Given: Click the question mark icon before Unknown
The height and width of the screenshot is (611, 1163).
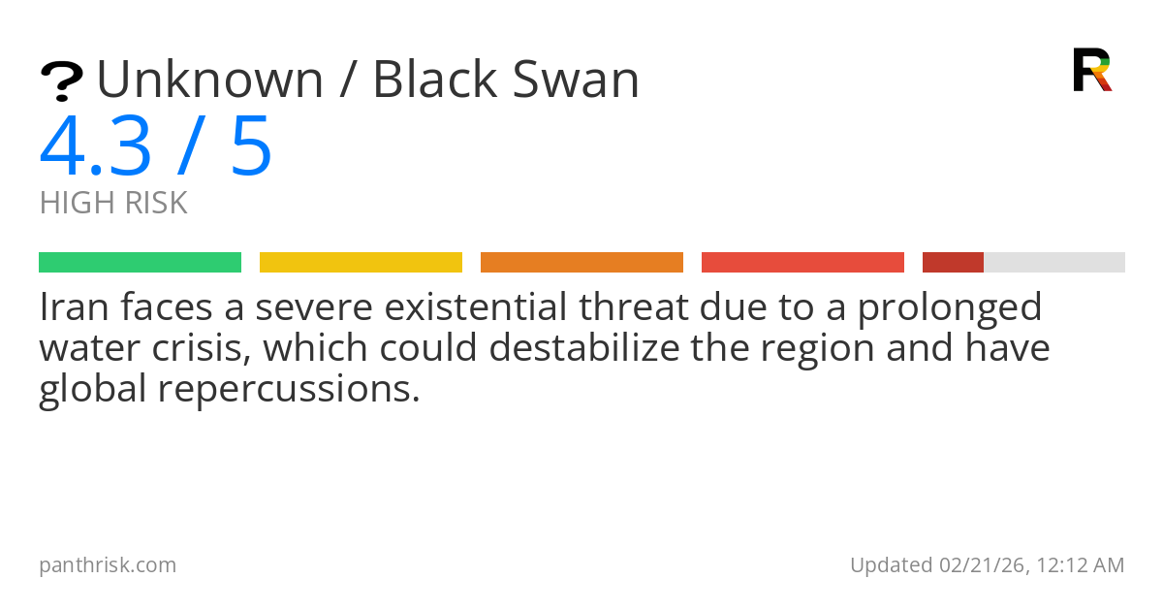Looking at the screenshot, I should click(x=61, y=81).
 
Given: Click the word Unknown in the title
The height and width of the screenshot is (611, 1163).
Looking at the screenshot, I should click(x=209, y=80).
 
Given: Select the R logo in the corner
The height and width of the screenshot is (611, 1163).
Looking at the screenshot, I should click(x=1091, y=70).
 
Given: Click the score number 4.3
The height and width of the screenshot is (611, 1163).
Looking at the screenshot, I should click(x=96, y=147).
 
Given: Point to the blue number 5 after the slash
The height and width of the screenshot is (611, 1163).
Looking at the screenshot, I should click(x=251, y=147).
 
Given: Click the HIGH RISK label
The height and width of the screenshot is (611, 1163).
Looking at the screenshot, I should click(x=113, y=204).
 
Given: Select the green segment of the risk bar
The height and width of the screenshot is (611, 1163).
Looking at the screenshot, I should click(x=140, y=263).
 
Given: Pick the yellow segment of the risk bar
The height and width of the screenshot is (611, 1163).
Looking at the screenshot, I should click(x=361, y=263).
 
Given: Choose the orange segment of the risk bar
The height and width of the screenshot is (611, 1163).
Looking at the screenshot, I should click(x=581, y=263).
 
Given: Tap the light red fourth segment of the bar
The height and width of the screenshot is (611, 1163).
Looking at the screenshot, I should click(x=802, y=263).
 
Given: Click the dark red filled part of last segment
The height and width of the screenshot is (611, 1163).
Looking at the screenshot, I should click(x=953, y=263).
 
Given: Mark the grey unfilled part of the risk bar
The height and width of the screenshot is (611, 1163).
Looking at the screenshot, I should click(x=1054, y=263).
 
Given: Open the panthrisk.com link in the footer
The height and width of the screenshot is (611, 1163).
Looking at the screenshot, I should click(x=108, y=565).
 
